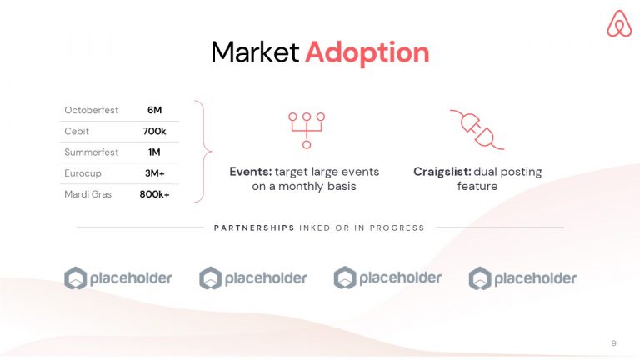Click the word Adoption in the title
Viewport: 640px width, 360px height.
pos(367,52)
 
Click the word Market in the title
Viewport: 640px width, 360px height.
pos(255,52)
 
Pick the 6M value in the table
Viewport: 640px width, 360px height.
pos(154,110)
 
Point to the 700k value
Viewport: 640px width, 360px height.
pos(154,132)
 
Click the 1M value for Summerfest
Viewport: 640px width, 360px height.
pos(154,152)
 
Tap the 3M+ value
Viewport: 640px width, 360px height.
pos(154,173)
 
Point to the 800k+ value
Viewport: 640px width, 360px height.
pos(154,194)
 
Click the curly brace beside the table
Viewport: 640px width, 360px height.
pos(202,152)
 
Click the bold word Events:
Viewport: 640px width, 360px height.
pos(251,172)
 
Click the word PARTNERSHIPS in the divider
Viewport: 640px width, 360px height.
pos(254,227)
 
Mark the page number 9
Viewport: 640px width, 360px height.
pos(613,342)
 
